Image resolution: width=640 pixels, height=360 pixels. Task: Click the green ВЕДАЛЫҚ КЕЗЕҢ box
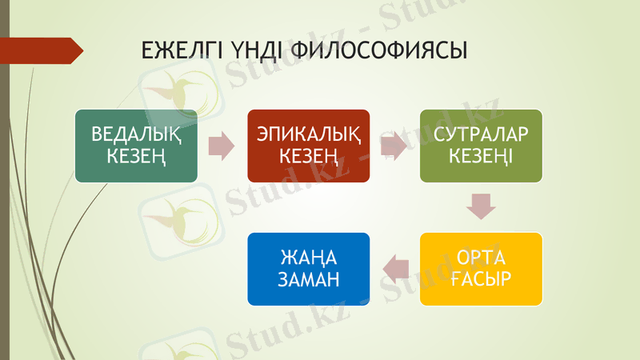[x=136, y=146]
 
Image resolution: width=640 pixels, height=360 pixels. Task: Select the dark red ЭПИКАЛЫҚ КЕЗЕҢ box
[x=309, y=146]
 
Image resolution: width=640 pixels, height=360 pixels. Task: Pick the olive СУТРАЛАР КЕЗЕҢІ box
[x=482, y=146]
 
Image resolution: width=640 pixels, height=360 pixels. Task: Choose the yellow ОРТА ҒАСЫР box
[x=482, y=269]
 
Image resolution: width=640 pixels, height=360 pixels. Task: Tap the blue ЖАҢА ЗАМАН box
[x=309, y=269]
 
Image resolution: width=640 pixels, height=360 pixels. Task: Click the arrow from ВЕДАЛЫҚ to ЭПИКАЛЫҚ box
[x=222, y=146]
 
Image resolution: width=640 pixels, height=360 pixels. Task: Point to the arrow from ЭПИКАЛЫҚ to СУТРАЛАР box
[x=394, y=146]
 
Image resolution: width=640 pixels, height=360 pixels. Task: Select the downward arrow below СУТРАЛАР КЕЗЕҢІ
[x=482, y=206]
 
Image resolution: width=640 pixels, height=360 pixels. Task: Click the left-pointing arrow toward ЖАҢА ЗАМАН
[x=394, y=269]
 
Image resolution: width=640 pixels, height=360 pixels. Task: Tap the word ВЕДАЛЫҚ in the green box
[x=136, y=134]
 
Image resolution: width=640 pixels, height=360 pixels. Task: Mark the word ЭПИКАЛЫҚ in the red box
[x=309, y=134]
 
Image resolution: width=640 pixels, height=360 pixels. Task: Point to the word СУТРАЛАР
[x=482, y=134]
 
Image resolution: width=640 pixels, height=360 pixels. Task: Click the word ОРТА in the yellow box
[x=482, y=258]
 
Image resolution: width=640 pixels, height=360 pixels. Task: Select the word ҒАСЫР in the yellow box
[x=482, y=279]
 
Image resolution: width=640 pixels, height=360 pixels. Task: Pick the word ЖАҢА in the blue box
[x=309, y=258]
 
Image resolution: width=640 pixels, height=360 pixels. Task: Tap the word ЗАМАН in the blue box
[x=309, y=279]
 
